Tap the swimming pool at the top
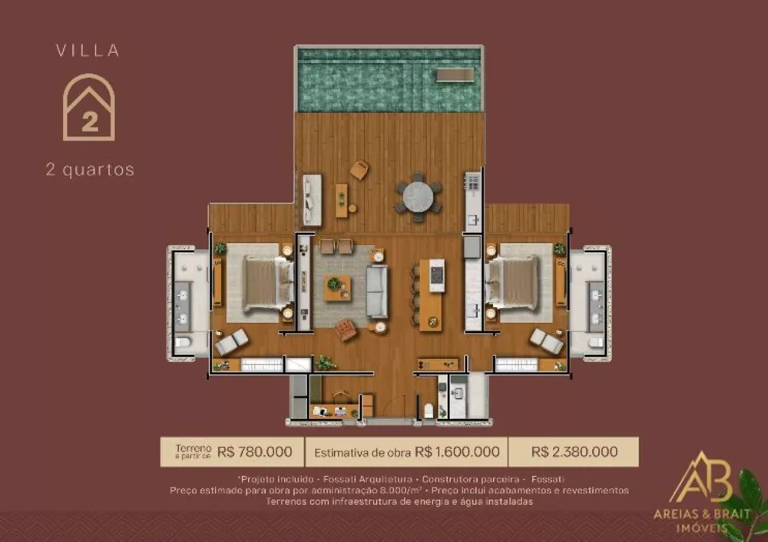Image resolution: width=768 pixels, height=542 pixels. click(389, 81)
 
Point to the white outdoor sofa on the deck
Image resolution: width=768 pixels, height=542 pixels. click(311, 199)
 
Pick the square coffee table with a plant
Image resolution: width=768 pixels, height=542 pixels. click(336, 287)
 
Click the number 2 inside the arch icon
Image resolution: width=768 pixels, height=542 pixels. click(89, 121)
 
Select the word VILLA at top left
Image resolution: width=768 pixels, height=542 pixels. click(88, 52)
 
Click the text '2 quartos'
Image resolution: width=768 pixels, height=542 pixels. click(90, 170)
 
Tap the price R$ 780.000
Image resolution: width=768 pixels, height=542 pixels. click(255, 452)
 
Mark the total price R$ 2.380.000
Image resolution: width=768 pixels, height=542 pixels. click(573, 452)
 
